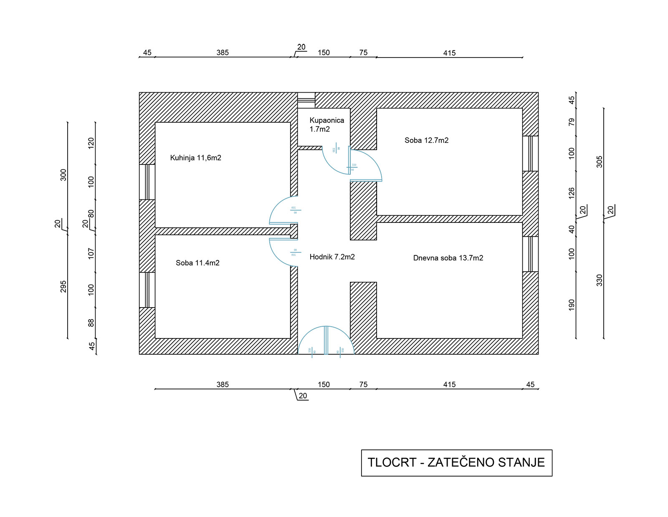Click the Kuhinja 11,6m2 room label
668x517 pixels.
[x=195, y=158]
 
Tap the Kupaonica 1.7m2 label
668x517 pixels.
[x=326, y=124]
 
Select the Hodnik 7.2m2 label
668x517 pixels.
[x=332, y=257]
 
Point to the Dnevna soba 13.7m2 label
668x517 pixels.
[x=448, y=258]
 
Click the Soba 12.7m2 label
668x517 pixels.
[x=426, y=140]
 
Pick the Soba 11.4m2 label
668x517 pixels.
[x=197, y=263]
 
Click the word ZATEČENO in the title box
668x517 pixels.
[x=461, y=462]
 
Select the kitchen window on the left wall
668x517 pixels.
[x=147, y=182]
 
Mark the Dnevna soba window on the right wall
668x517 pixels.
[x=530, y=254]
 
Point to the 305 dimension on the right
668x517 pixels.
[x=600, y=162]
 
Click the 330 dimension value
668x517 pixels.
[x=600, y=280]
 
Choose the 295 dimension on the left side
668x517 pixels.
[x=63, y=286]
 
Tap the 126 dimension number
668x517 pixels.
[x=572, y=193]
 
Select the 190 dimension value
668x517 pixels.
[x=572, y=305]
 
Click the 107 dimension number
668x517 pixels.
[x=91, y=254]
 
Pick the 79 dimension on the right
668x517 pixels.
[x=572, y=122]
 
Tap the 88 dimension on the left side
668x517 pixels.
[x=91, y=323]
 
